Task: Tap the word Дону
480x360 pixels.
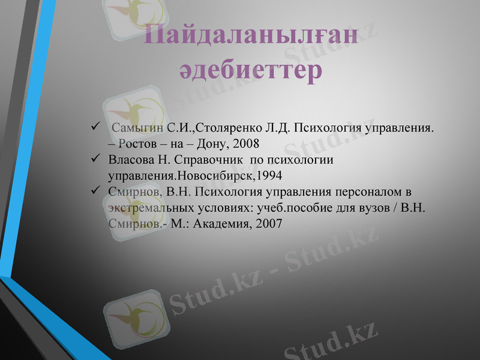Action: point(215,144)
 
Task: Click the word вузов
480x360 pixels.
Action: point(377,208)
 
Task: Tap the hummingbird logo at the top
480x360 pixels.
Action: point(132,15)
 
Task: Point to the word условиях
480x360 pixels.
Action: point(222,208)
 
